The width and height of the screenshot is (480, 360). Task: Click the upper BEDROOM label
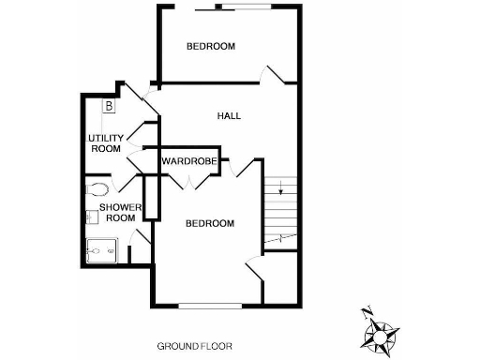point(210,46)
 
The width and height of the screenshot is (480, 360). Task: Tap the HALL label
point(229,116)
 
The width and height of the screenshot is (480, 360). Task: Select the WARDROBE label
point(189,161)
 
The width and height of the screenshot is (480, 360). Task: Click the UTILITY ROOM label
point(104,143)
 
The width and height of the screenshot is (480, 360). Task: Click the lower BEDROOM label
point(208,223)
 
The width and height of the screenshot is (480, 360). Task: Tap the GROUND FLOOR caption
point(194,346)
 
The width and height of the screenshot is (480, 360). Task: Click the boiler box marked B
point(109,106)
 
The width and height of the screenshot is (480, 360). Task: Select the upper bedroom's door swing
point(275,75)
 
